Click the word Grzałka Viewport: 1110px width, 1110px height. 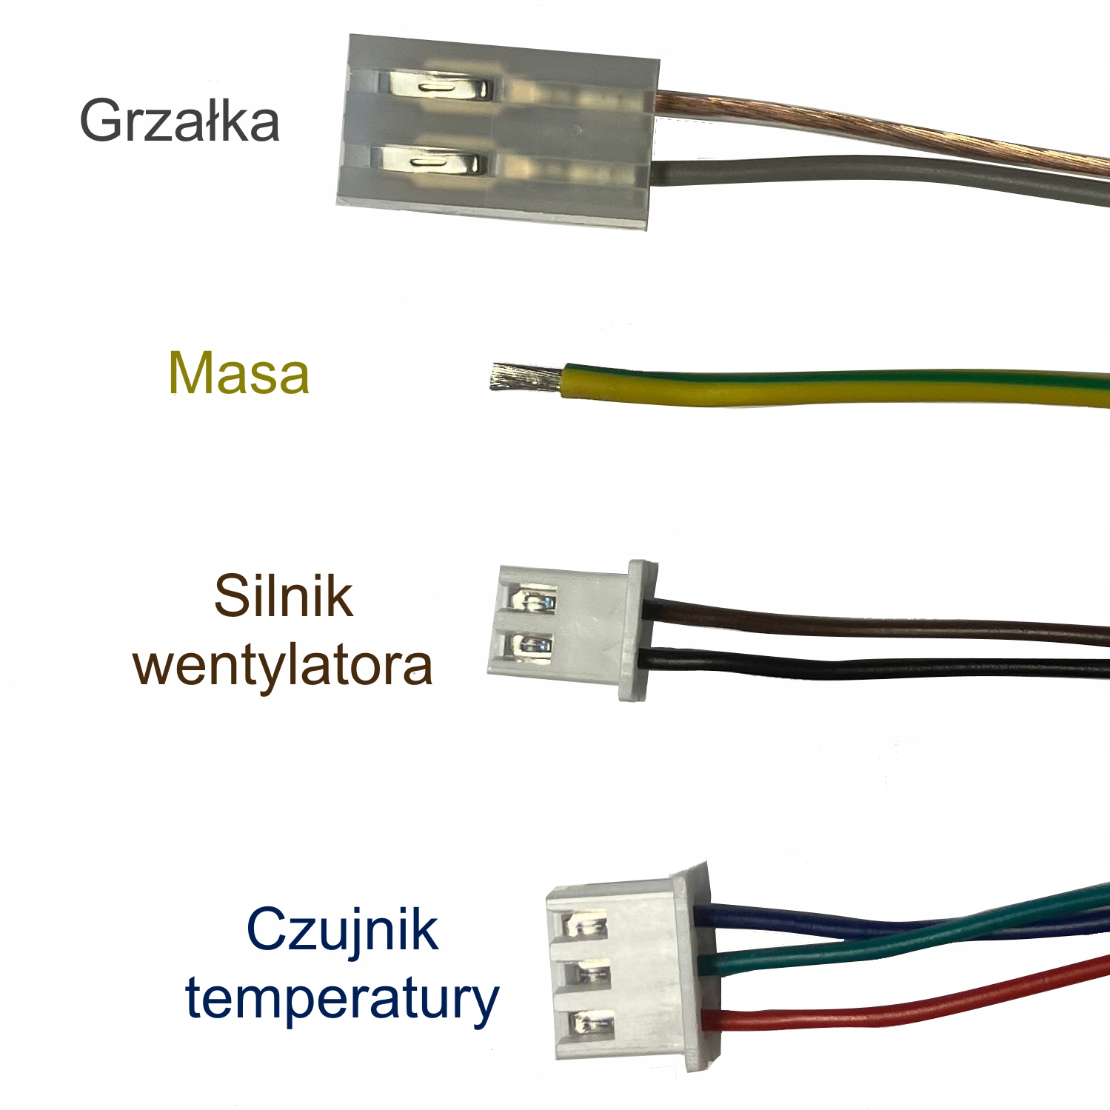[x=179, y=120]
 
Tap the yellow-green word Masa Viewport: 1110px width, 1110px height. [x=238, y=373]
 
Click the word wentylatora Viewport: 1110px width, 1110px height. [x=283, y=665]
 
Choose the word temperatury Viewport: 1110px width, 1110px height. [x=342, y=998]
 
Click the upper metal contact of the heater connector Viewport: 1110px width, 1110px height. [x=437, y=87]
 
